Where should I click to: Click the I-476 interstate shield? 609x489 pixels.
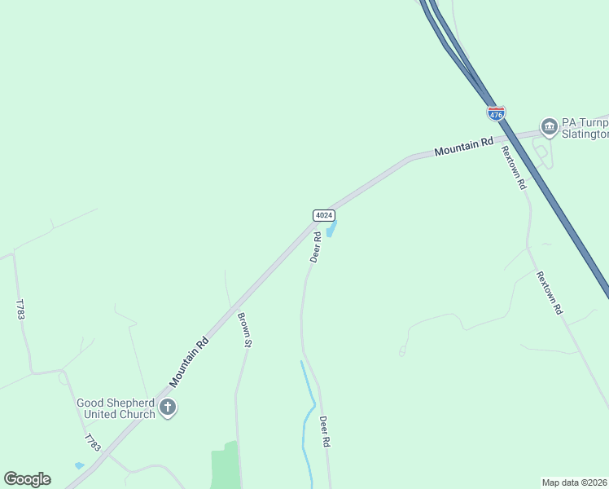pos(496,112)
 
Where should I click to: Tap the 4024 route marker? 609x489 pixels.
pos(324,215)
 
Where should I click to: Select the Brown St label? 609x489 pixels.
pos(243,329)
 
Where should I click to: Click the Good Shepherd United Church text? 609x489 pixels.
pos(116,408)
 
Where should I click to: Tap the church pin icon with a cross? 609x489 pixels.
pos(168,407)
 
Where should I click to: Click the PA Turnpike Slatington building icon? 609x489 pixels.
pos(549,126)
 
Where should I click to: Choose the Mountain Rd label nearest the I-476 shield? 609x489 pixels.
pos(464,146)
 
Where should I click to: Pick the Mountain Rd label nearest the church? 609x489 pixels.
pos(190,362)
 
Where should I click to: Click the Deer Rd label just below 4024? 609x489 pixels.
pos(315,247)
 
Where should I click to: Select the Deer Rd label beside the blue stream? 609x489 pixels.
pos(324,432)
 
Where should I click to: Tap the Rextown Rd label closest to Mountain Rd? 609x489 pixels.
pos(513,167)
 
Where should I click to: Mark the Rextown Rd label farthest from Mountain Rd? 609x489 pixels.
pos(550,293)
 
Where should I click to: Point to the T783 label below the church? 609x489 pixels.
pos(92,443)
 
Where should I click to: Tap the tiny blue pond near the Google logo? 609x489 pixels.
pos(78,465)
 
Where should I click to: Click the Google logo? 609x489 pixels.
pos(27,479)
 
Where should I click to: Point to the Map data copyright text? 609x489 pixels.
pos(575,482)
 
